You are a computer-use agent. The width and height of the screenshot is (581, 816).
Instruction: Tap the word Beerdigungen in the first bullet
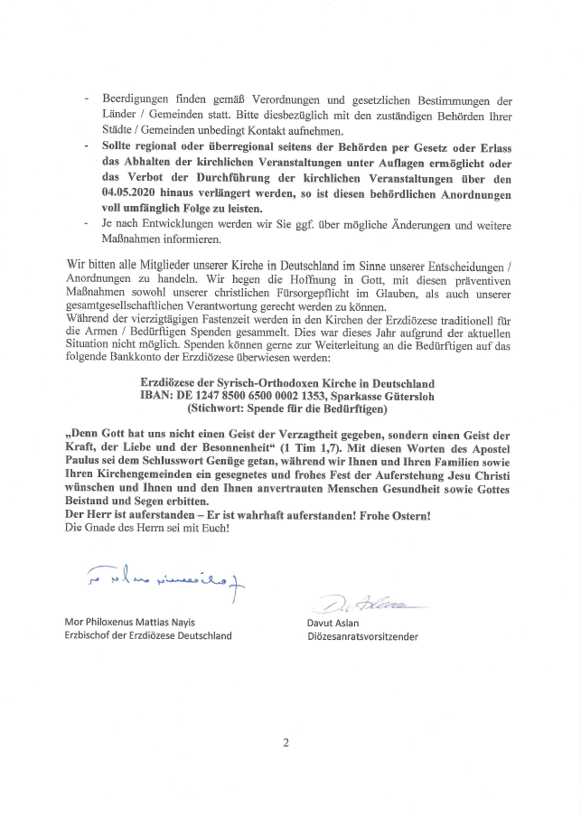(x=136, y=100)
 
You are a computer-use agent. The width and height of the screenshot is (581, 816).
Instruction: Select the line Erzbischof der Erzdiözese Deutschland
(x=147, y=636)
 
